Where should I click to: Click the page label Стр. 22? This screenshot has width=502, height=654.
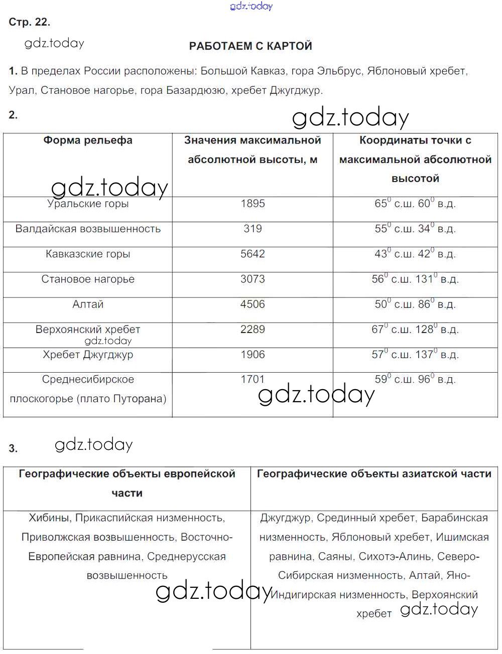[30, 22]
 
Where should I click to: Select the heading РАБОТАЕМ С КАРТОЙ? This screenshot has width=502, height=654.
[250, 46]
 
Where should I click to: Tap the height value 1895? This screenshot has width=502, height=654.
[253, 204]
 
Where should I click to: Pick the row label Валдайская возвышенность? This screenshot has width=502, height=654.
[88, 229]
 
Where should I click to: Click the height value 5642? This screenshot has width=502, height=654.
[253, 254]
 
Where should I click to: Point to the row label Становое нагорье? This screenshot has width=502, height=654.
[88, 279]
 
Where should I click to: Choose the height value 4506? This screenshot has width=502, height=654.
[253, 304]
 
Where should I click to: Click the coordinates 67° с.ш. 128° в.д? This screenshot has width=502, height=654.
[415, 330]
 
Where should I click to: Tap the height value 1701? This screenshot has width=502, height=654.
[253, 380]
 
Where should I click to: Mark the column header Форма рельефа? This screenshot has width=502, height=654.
[88, 140]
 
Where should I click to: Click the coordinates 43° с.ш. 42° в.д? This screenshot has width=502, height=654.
[415, 254]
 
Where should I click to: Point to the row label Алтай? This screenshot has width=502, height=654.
[88, 304]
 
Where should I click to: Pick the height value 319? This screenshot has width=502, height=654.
[253, 229]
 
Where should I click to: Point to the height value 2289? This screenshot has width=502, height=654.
[253, 330]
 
